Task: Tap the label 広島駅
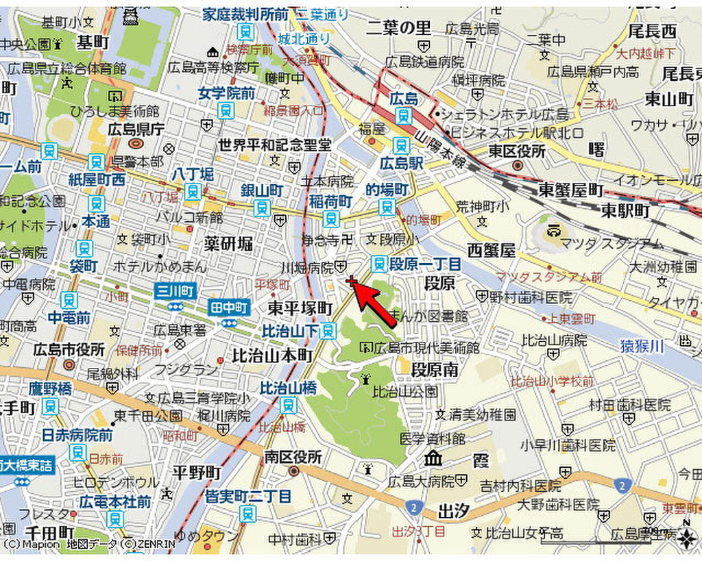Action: coord(398,163)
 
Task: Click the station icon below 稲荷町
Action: coord(331,219)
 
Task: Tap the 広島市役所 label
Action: coord(69,350)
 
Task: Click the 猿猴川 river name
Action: coord(643,347)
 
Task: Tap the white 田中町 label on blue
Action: coord(229,308)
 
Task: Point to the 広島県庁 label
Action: coord(136,129)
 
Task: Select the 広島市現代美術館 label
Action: coord(426,347)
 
